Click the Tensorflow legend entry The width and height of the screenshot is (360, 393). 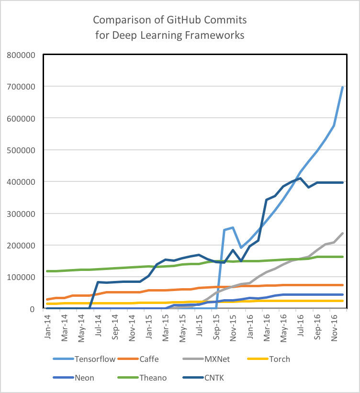[95, 359]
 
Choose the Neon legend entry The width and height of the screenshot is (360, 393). [84, 378]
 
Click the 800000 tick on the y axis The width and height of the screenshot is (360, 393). [22, 55]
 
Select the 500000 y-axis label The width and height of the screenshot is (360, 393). [22, 150]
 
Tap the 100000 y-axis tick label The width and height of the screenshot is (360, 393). [22, 277]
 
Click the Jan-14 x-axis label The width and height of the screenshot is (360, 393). [48, 326]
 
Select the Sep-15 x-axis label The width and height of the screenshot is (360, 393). [217, 326]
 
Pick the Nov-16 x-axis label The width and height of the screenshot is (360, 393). [335, 326]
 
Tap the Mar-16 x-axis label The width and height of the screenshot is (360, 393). [268, 326]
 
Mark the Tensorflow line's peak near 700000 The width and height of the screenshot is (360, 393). [343, 87]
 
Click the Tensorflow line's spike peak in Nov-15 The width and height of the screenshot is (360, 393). [233, 227]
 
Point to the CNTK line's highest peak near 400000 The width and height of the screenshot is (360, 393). [300, 178]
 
